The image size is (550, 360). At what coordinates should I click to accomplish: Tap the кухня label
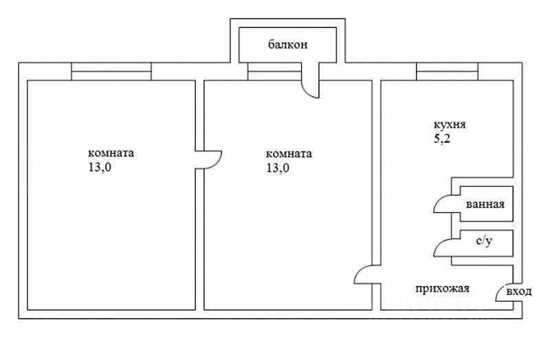(450, 126)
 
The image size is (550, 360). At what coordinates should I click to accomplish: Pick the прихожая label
(442, 289)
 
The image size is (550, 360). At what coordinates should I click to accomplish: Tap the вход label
(519, 292)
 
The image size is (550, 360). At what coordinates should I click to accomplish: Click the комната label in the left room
(111, 153)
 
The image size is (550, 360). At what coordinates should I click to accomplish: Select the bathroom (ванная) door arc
(442, 205)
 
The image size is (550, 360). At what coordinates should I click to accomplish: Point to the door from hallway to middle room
(364, 276)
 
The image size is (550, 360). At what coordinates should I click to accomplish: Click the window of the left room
(111, 71)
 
